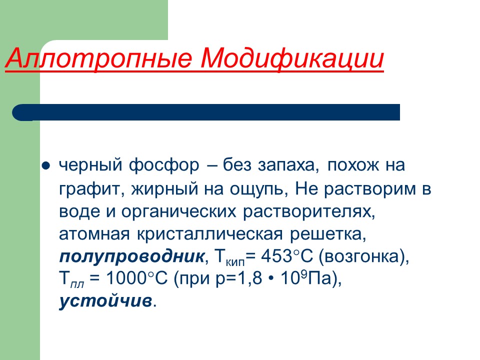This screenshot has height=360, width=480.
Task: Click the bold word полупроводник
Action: pos(131,257)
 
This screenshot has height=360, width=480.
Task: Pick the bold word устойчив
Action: pos(105,302)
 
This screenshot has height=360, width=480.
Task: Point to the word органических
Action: pos(178,211)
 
